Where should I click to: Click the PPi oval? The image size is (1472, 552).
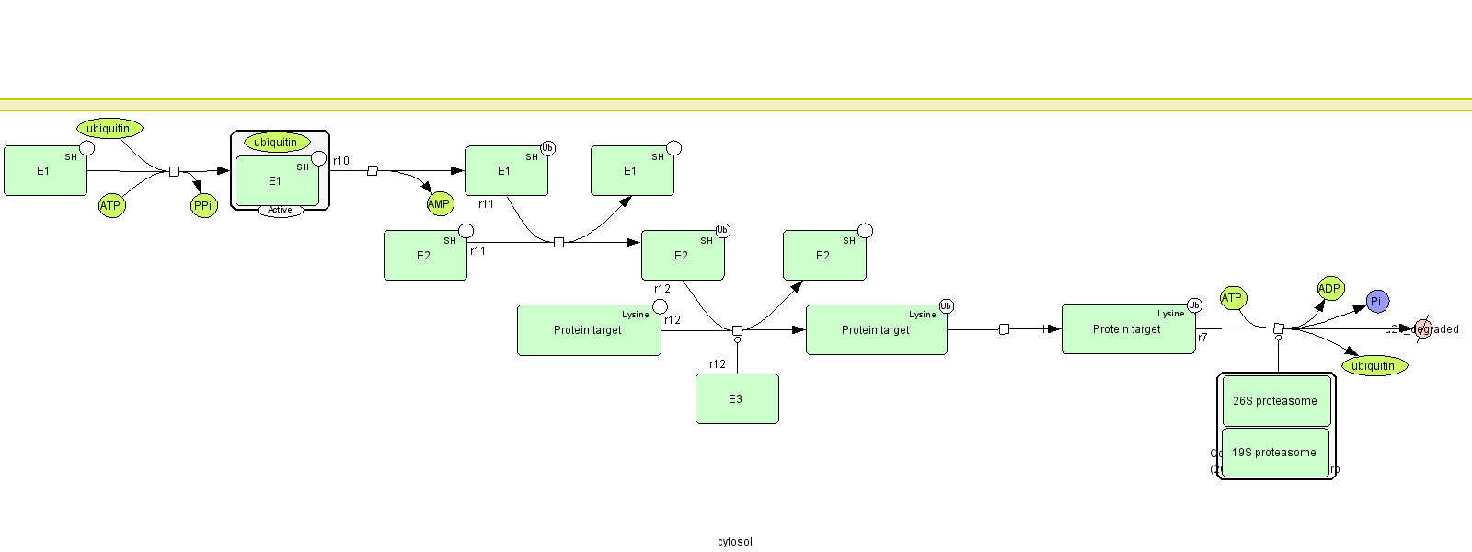click(x=203, y=206)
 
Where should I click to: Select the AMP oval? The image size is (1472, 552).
click(x=440, y=204)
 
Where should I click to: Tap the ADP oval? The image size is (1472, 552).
click(x=1330, y=289)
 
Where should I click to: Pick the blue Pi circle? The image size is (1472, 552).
click(x=1376, y=301)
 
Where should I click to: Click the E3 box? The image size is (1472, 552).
click(x=737, y=399)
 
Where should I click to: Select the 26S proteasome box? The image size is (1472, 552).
click(x=1275, y=401)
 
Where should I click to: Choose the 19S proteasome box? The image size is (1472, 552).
click(x=1275, y=453)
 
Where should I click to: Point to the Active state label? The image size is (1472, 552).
click(x=281, y=211)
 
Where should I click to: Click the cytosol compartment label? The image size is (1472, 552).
click(x=735, y=542)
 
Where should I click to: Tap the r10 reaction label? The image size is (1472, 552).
click(x=341, y=161)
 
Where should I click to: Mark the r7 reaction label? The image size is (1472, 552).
click(x=1202, y=338)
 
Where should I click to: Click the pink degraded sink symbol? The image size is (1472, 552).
click(x=1422, y=328)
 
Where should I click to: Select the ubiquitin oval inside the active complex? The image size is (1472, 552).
click(x=276, y=143)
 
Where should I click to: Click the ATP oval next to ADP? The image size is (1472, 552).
click(x=1232, y=298)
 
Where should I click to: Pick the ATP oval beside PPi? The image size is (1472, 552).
click(x=110, y=206)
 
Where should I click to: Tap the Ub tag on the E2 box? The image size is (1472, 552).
click(x=723, y=230)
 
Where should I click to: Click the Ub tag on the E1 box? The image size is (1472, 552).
click(x=547, y=148)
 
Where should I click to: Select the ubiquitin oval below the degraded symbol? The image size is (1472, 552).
click(x=1374, y=366)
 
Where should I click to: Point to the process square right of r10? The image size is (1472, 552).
click(x=373, y=171)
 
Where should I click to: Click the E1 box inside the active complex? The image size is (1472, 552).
click(x=277, y=181)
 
